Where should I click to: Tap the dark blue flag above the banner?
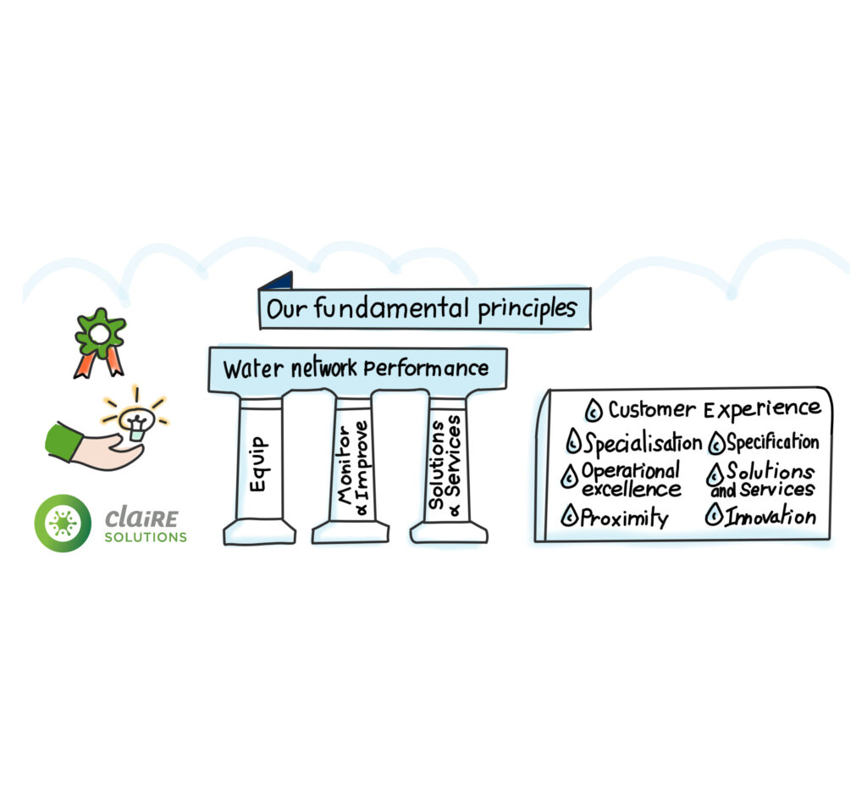coord(278,280)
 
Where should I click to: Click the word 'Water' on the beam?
coord(246,370)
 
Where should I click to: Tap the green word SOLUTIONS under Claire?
coord(146,537)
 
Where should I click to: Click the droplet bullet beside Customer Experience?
coord(594,412)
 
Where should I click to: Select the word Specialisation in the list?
coord(643,443)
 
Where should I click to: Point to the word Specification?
coord(772,442)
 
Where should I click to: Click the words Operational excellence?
coord(631,480)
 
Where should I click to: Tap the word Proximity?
coord(624,517)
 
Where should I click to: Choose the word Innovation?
coord(770,516)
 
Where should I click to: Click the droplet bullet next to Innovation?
coord(715,515)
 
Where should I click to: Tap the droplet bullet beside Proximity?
coord(570,516)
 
